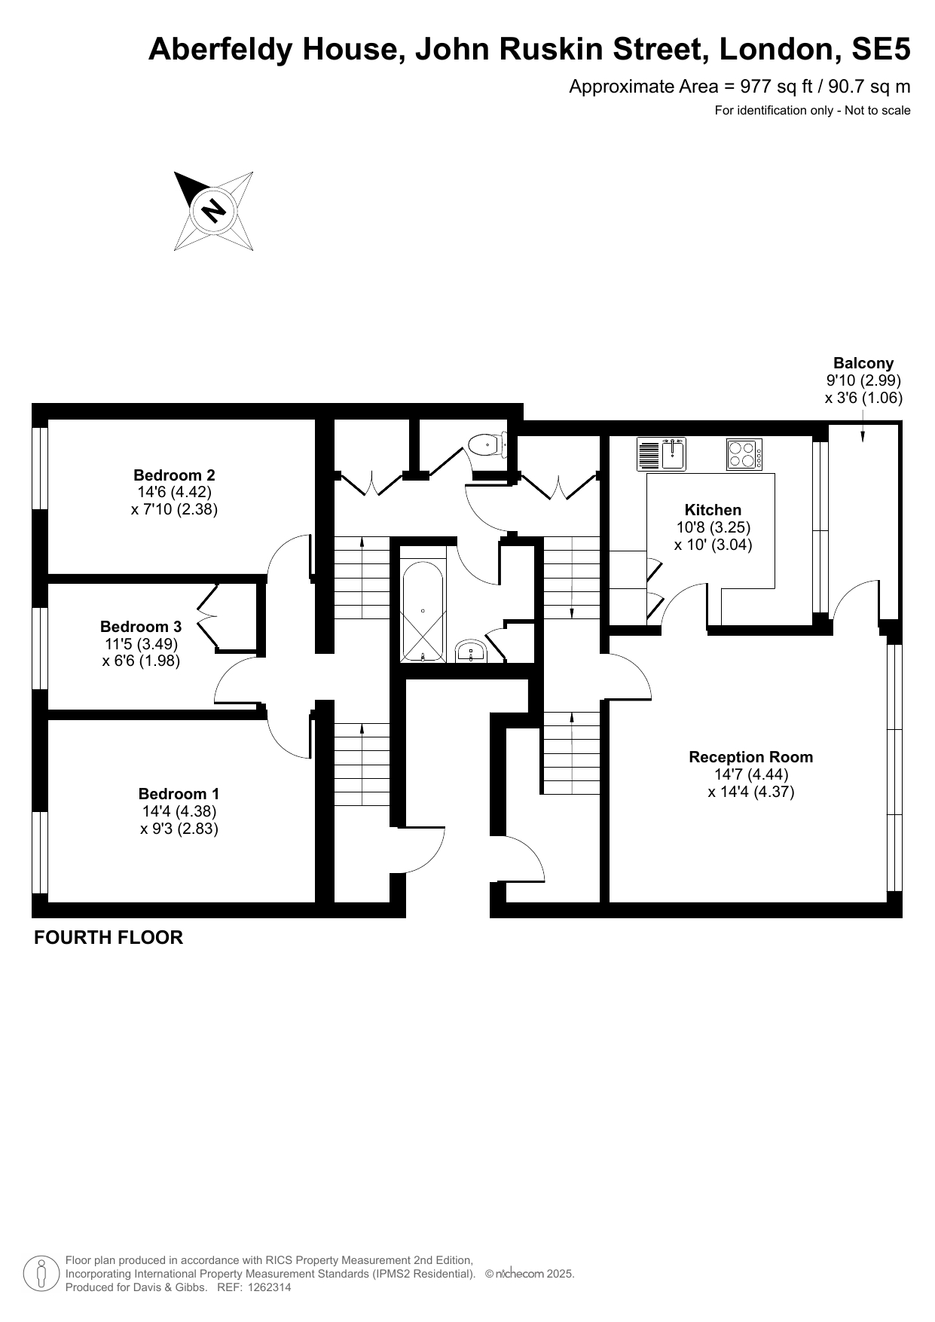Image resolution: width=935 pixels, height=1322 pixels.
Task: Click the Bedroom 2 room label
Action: coord(174,475)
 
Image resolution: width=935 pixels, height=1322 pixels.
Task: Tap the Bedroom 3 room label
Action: coord(141,627)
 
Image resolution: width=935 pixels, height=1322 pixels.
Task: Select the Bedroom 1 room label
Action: coord(179,794)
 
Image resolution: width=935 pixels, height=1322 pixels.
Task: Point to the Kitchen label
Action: coord(713,510)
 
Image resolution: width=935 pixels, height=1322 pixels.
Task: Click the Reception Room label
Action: coord(751,757)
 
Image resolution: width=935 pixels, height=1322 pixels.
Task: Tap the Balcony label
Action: coord(863,363)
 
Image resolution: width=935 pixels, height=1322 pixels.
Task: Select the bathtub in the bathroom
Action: coord(423,611)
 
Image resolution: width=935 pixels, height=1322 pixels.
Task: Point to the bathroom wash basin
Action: coord(471,652)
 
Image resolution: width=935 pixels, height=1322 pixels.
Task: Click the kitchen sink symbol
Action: coord(662,454)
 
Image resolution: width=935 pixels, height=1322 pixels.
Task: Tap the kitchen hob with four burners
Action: coord(744,454)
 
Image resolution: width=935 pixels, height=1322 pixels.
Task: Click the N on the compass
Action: coord(214,210)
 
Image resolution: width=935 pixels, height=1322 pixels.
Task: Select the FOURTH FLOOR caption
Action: coord(108,937)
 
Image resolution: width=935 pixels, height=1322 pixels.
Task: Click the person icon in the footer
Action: coord(42,1273)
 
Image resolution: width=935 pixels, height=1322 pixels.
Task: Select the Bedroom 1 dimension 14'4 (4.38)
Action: coord(179,811)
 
